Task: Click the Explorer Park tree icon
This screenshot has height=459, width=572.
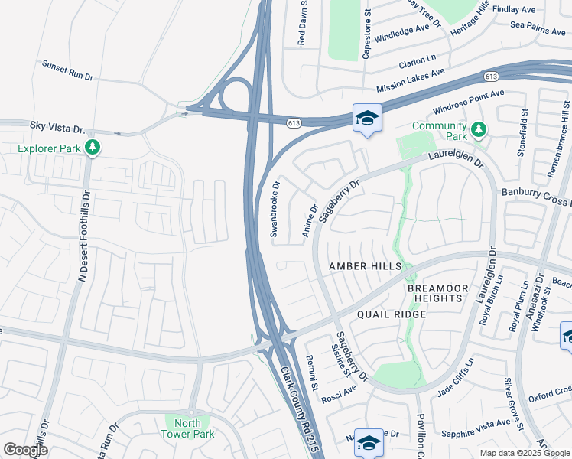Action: (x=93, y=146)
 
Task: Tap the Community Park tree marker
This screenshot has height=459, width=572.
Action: (x=478, y=129)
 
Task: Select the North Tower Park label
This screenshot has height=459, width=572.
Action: (x=181, y=428)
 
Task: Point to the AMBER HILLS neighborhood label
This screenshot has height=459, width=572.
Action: (x=365, y=265)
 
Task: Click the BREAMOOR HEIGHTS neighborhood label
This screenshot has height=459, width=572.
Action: (x=435, y=293)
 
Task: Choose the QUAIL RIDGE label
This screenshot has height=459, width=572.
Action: (x=390, y=314)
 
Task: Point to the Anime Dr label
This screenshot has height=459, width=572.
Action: (x=310, y=220)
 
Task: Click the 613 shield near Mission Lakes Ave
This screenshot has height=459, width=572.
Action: (x=491, y=76)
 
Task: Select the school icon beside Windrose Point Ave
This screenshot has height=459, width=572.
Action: (x=367, y=118)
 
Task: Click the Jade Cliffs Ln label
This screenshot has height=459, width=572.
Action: (x=456, y=375)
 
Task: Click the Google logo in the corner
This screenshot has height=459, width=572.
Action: (x=25, y=450)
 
